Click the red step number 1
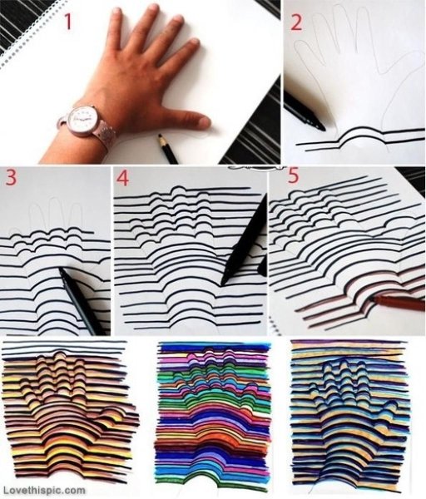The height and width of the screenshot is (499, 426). (x=68, y=22)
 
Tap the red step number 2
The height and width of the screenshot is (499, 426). (x=296, y=23)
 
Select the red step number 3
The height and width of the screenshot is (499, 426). (x=11, y=178)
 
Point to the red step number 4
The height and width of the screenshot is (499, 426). (x=123, y=178)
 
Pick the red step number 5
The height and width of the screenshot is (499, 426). (x=293, y=175)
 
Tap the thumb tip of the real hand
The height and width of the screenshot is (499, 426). (x=203, y=122)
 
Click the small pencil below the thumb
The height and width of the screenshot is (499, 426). (x=168, y=149)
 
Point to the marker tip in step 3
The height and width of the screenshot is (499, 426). (x=62, y=271)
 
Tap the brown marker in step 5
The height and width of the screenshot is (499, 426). (x=398, y=303)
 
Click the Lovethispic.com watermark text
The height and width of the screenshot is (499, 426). (x=42, y=490)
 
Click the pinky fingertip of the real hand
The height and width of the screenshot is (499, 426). (x=116, y=12)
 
